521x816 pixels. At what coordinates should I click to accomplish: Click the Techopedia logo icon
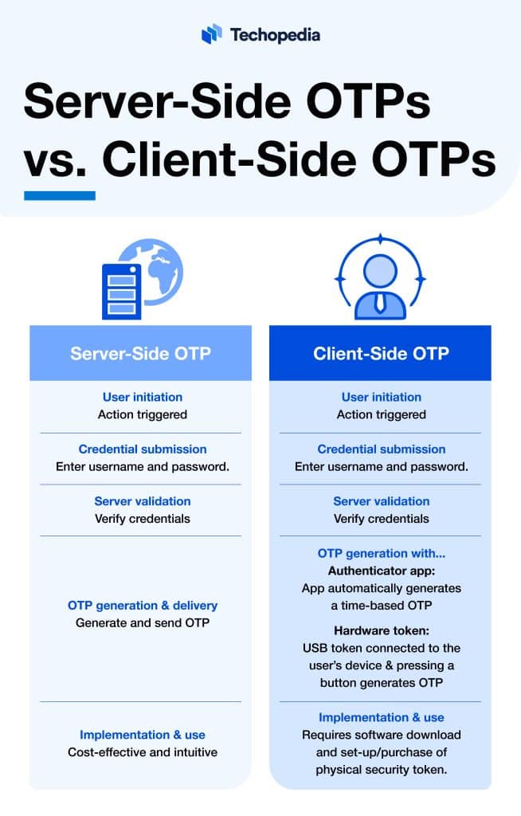[211, 33]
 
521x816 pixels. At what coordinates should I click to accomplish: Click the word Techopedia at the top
[275, 34]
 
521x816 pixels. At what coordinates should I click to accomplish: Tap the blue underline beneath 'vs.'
[60, 195]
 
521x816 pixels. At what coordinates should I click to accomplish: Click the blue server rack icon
[121, 292]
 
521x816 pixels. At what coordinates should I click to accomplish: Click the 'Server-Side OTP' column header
[141, 353]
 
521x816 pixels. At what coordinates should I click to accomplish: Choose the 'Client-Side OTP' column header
[381, 353]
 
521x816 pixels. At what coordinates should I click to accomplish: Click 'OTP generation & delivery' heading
[143, 606]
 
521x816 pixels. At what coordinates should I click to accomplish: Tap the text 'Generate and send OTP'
[143, 622]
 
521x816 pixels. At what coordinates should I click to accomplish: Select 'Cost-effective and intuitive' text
[143, 751]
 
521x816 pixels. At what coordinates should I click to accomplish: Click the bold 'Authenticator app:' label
[381, 571]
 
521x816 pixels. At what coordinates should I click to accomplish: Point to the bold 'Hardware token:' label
[381, 630]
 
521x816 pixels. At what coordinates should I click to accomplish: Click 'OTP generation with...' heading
[381, 553]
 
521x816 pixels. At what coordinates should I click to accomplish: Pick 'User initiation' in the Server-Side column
[143, 397]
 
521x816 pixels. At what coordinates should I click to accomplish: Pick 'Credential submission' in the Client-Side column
[382, 449]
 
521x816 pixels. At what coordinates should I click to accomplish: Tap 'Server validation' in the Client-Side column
[382, 501]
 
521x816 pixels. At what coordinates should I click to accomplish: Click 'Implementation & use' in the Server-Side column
[143, 735]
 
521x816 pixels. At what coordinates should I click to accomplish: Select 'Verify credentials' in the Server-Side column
[143, 519]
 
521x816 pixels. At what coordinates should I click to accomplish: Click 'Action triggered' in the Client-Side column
[382, 414]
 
